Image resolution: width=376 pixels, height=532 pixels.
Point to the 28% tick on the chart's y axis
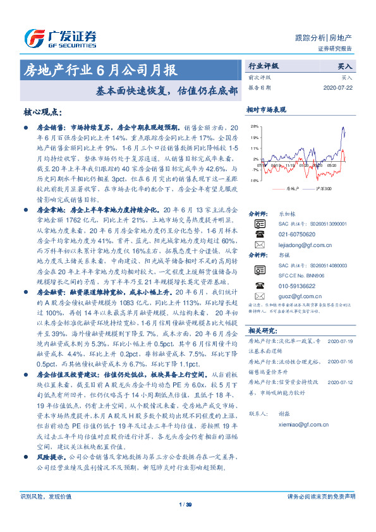[254, 127]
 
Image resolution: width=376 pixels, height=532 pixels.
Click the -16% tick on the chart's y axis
[253, 180]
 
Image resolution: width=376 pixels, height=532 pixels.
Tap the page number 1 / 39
[185, 504]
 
